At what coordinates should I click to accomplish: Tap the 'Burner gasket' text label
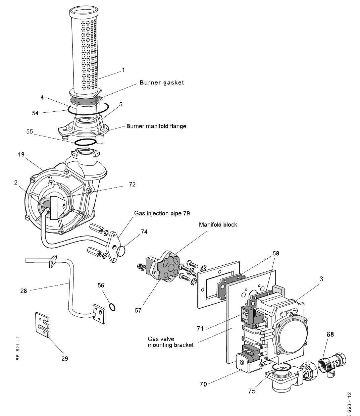click(x=162, y=83)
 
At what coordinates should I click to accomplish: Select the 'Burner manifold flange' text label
click(x=156, y=126)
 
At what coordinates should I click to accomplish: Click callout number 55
click(x=30, y=132)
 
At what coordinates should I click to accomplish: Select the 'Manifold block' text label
click(x=218, y=224)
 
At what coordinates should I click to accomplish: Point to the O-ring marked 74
click(x=121, y=250)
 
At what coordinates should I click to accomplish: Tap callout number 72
click(x=132, y=184)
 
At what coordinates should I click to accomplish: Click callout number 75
click(x=252, y=391)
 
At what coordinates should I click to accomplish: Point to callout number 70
click(x=203, y=384)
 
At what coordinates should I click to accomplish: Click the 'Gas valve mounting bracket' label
click(x=170, y=342)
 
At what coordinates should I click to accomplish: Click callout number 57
click(x=138, y=311)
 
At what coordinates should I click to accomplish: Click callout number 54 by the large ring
click(x=35, y=113)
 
